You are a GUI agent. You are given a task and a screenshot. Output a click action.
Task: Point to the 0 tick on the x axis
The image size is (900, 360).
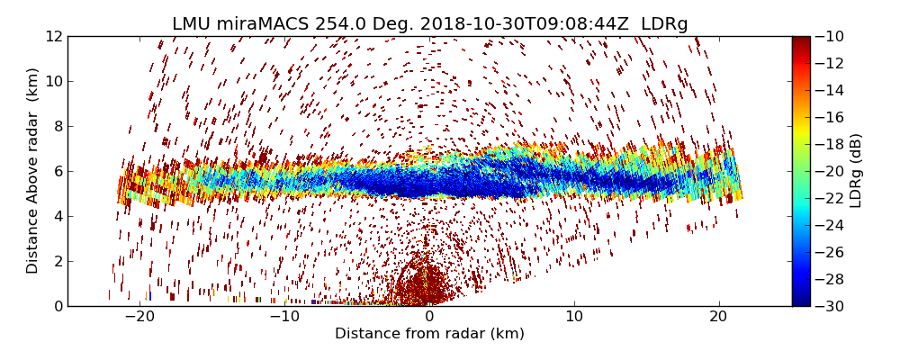(429, 317)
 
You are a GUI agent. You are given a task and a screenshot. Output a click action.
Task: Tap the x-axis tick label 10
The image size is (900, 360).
(574, 317)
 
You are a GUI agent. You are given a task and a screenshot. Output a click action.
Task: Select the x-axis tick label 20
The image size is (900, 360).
(718, 317)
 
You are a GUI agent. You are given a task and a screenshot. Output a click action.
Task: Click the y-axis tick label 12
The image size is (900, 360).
(53, 36)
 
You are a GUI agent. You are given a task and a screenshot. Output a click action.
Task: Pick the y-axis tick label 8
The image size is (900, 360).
(57, 126)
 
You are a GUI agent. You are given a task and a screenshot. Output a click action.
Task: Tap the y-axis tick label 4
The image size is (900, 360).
(57, 216)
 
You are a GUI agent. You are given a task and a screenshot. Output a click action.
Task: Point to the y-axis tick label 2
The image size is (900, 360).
(57, 261)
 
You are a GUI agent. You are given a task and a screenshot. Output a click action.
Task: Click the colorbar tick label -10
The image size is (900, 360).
(832, 36)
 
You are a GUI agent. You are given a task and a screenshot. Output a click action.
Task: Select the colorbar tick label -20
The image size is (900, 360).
(832, 171)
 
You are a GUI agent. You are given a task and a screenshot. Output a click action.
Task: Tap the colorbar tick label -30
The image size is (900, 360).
(832, 306)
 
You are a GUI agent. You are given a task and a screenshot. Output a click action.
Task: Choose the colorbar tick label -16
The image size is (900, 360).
(832, 117)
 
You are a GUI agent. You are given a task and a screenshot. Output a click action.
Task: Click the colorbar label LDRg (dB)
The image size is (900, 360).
(856, 171)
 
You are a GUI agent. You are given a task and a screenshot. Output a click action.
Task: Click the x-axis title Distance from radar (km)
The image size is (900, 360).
(429, 334)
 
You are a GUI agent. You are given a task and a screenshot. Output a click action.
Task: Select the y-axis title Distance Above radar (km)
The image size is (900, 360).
(33, 171)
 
